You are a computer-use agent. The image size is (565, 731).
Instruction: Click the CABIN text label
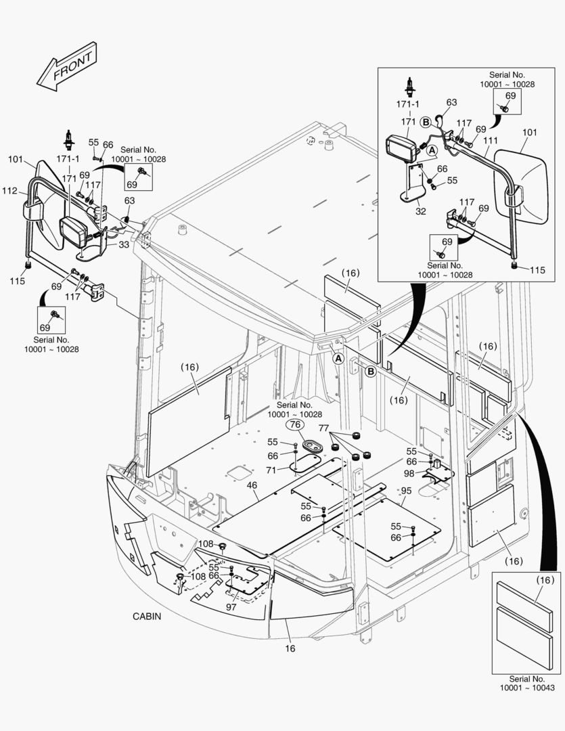point(147,617)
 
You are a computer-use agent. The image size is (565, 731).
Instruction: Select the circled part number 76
point(294,425)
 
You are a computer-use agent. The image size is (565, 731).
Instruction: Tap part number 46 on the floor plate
point(252,486)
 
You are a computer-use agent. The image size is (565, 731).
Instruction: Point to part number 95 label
point(406,490)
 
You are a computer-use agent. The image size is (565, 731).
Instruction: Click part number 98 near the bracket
point(409,473)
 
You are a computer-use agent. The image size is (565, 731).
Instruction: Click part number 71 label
point(271,469)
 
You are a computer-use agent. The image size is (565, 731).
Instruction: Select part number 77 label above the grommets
point(323,428)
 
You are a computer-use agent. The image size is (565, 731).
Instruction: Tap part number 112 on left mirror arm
point(9,192)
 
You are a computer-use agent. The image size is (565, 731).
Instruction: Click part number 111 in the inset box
point(491,140)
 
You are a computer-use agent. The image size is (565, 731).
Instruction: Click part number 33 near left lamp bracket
point(125,244)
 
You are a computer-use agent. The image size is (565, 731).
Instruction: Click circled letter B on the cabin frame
point(370,372)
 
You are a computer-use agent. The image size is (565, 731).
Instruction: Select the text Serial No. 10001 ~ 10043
point(528,683)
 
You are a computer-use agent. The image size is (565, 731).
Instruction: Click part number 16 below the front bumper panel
point(290,648)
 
